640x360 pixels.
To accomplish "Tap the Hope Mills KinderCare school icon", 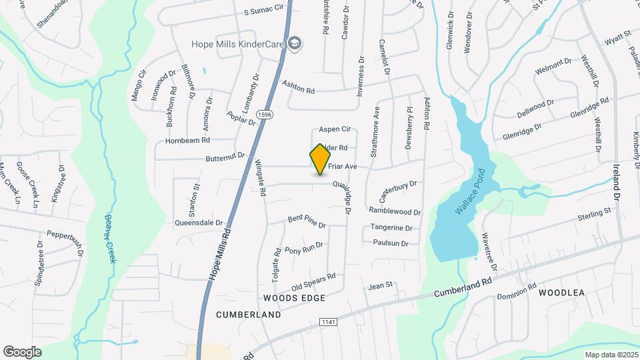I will click(x=295, y=44).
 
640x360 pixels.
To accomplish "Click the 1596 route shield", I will click(x=265, y=115).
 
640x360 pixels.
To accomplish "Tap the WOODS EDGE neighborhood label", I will click(x=294, y=297).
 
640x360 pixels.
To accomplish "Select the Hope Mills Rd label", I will click(x=220, y=255).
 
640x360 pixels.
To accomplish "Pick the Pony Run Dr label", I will click(x=303, y=248).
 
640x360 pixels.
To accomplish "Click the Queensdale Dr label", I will click(x=198, y=223).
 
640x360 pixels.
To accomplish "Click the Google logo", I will click(x=22, y=351).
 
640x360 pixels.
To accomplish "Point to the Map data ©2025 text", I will click(x=611, y=355).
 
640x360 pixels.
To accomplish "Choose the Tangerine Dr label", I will click(x=391, y=228).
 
